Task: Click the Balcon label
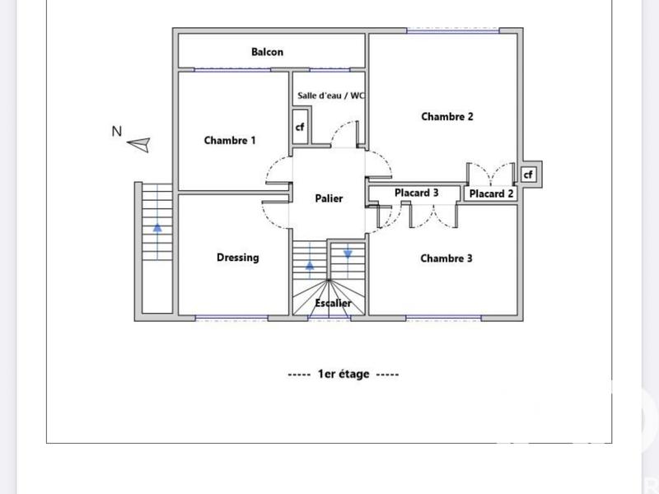[x=267, y=53]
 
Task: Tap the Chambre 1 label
[x=230, y=141]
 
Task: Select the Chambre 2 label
[x=447, y=117]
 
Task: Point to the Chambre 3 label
[x=446, y=259]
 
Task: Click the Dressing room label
[x=237, y=258]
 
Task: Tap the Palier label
[x=329, y=198]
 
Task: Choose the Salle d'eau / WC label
[x=331, y=96]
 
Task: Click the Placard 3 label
[x=416, y=193]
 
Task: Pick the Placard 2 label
[x=492, y=194]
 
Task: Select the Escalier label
[x=333, y=303]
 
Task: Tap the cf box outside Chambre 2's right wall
[x=528, y=175]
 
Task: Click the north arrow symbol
[x=139, y=145]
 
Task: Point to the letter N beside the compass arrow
[x=117, y=130]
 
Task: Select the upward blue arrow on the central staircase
[x=310, y=265]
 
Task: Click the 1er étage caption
[x=344, y=374]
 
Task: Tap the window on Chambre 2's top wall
[x=453, y=30]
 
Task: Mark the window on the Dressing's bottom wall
[x=231, y=317]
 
